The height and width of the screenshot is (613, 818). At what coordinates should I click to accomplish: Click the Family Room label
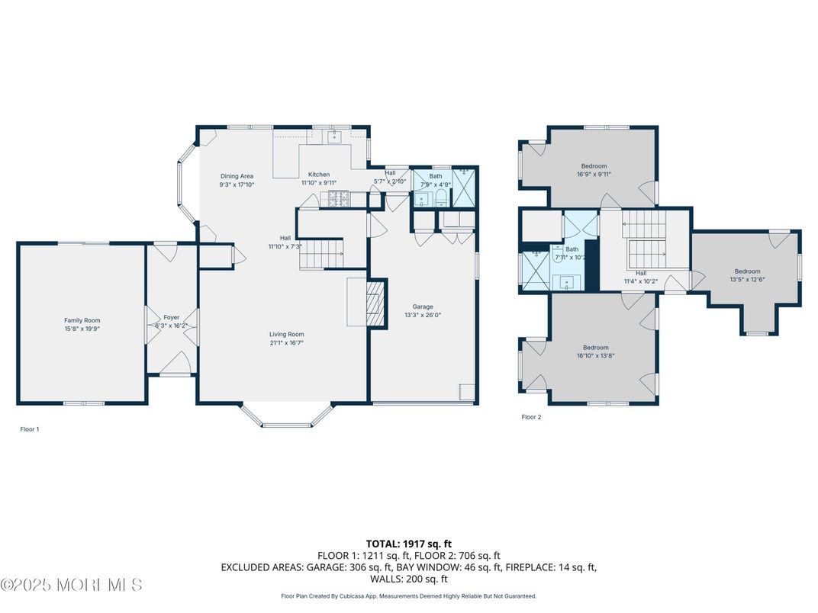coord(82,320)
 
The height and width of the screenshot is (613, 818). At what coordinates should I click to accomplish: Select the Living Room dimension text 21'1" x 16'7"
coord(287,344)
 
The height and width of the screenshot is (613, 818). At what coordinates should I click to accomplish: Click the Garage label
coord(423,306)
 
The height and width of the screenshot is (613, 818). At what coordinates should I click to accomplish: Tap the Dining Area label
coord(237,176)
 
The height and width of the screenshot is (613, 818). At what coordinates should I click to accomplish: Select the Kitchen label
coord(319,175)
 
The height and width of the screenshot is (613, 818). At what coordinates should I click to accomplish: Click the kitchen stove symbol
coord(338,200)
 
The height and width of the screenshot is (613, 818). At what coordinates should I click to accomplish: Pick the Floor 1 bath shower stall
coord(463,188)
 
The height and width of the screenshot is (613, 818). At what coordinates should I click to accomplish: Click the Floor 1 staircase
coord(320,253)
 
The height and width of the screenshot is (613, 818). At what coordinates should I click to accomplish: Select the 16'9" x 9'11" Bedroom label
coord(594,166)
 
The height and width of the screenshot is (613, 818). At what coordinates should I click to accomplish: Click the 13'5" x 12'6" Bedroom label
coord(747,271)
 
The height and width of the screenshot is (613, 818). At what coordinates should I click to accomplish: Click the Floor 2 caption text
coord(531,417)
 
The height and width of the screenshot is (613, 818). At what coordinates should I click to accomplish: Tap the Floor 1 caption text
coord(29,429)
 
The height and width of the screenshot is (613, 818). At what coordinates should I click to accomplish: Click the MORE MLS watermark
coord(72,586)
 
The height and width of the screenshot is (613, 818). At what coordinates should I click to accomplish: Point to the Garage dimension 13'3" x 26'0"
coord(423,315)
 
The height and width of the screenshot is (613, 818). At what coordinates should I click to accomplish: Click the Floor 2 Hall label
coord(641,273)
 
